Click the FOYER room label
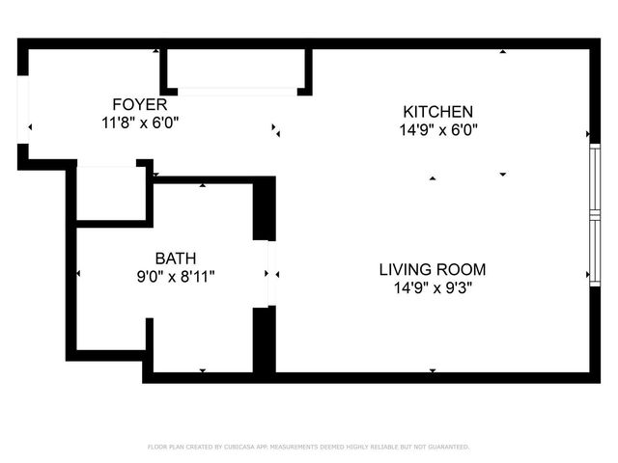[x=140, y=104]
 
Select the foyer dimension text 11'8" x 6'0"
[x=140, y=123]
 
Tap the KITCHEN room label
[x=437, y=111]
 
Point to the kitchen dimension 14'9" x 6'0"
[x=437, y=129]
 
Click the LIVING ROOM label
[x=432, y=269]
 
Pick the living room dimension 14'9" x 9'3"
[x=432, y=287]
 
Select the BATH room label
[x=176, y=258]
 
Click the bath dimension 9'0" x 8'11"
[x=176, y=276]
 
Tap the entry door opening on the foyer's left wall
[x=24, y=116]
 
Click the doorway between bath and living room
[x=271, y=274]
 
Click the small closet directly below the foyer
[x=111, y=193]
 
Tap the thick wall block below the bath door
[x=264, y=340]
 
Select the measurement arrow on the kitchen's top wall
[x=502, y=51]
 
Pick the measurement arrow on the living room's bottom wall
[x=432, y=369]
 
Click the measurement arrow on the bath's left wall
[x=78, y=274]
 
